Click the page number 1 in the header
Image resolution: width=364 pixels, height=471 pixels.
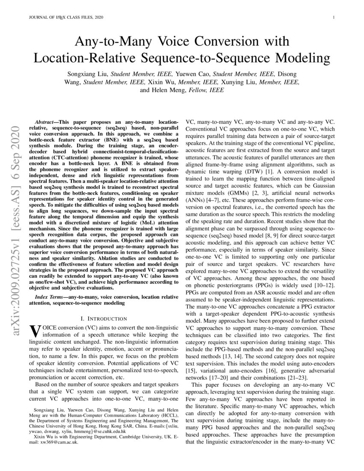click(x=333, y=17)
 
